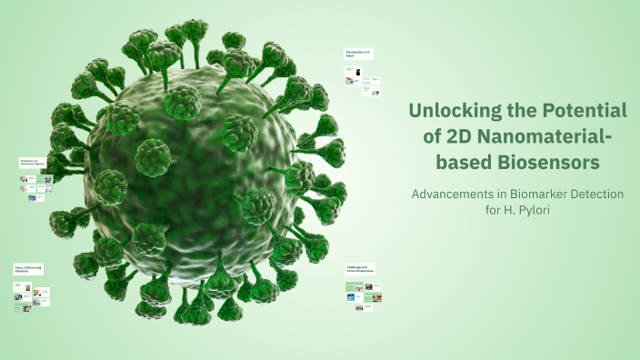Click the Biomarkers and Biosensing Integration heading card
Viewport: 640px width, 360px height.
pos(32,162)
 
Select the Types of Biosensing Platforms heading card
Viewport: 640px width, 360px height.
pos(28,269)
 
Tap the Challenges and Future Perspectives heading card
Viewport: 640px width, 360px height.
pos(361,269)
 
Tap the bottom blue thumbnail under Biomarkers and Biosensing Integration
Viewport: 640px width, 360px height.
pos(32,197)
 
